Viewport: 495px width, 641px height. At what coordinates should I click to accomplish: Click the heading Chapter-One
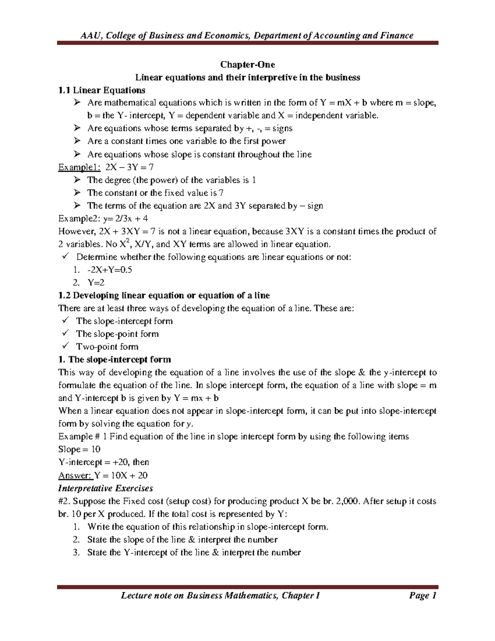[x=247, y=65]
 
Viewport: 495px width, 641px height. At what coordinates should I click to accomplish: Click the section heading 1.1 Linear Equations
[x=102, y=90]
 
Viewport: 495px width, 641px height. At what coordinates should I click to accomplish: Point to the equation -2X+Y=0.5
[x=110, y=270]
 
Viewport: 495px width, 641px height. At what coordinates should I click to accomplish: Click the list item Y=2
[x=96, y=283]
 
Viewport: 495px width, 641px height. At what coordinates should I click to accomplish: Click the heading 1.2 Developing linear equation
[x=164, y=296]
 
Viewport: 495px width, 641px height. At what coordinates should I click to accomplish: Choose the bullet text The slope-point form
[x=118, y=334]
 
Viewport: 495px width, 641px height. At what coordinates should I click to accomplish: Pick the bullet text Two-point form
[x=107, y=347]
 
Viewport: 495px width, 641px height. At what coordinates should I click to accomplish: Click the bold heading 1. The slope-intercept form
[x=115, y=360]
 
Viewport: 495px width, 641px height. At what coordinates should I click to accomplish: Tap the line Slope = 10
[x=80, y=449]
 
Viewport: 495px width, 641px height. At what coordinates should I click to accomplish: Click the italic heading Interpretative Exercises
[x=106, y=488]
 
